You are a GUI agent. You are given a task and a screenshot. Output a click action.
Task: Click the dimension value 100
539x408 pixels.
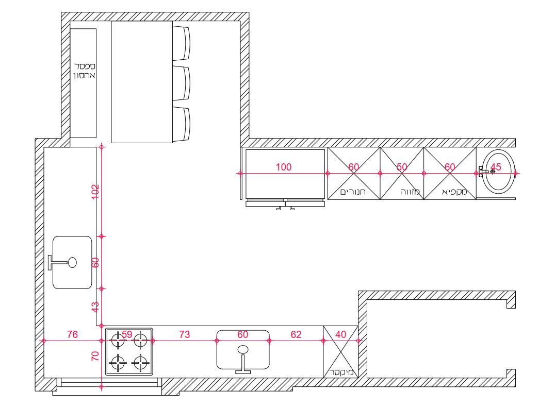284,167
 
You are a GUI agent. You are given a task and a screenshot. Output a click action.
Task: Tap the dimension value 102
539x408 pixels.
95,192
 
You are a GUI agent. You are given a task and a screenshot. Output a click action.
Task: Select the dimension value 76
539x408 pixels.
72,334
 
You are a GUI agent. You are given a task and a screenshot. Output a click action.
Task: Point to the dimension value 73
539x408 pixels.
184,334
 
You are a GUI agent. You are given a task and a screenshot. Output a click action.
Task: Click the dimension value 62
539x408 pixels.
296,334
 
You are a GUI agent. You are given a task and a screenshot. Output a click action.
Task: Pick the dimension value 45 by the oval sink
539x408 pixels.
496,167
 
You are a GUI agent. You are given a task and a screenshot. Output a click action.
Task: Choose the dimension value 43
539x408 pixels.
95,307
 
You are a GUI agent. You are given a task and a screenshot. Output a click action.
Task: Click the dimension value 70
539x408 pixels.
95,356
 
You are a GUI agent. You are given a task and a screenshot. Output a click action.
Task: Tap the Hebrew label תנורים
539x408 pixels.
353,192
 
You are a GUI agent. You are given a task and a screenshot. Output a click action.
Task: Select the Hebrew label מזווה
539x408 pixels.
410,192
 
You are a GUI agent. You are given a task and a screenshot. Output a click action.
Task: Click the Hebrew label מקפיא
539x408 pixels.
454,192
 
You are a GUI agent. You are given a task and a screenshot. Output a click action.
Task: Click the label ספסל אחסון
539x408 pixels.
85,71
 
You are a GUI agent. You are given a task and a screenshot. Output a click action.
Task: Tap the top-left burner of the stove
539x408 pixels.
118,339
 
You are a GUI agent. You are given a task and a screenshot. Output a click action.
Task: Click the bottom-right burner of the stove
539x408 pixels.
140,363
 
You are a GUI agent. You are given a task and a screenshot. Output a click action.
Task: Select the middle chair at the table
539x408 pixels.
181,83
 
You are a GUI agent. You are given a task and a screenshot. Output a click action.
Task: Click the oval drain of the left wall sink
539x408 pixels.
72,263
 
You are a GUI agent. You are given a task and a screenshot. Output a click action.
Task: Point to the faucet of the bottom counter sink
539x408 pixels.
243,360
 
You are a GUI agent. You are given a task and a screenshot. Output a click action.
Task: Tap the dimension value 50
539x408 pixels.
402,167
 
